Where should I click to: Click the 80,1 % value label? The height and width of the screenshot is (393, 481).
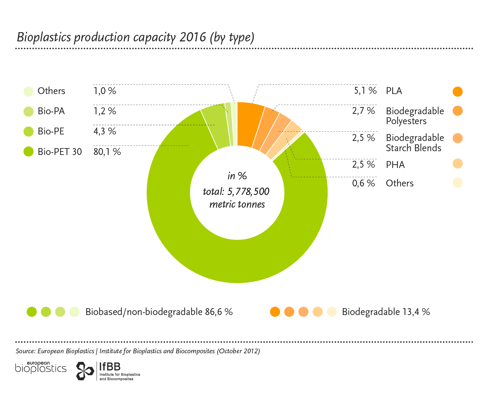pyautogui.click(x=107, y=152)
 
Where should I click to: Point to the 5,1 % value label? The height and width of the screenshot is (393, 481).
pyautogui.click(x=365, y=91)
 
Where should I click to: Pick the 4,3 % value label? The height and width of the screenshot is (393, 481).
pyautogui.click(x=105, y=131)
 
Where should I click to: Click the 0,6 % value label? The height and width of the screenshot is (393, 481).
pyautogui.click(x=364, y=183)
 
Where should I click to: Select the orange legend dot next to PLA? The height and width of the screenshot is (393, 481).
pyautogui.click(x=457, y=92)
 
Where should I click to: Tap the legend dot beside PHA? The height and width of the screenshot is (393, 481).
pyautogui.click(x=457, y=164)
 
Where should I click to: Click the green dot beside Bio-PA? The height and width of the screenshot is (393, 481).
pyautogui.click(x=29, y=112)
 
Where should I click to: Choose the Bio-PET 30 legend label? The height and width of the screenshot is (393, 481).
pyautogui.click(x=60, y=152)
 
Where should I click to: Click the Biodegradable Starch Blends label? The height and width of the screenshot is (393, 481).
pyautogui.click(x=415, y=143)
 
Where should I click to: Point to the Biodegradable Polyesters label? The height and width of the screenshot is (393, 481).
pyautogui.click(x=415, y=116)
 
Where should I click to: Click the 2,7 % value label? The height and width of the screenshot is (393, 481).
pyautogui.click(x=364, y=111)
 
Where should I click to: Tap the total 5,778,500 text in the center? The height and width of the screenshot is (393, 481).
pyautogui.click(x=236, y=192)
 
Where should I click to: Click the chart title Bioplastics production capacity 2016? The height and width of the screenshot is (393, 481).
pyautogui.click(x=135, y=37)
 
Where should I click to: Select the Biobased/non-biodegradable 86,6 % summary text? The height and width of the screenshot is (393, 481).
pyautogui.click(x=159, y=312)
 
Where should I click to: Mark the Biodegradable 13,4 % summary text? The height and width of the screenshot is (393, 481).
pyautogui.click(x=386, y=312)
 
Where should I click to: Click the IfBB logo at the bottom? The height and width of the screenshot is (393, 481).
pyautogui.click(x=108, y=371)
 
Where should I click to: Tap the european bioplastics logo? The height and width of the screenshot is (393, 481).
pyautogui.click(x=41, y=367)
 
